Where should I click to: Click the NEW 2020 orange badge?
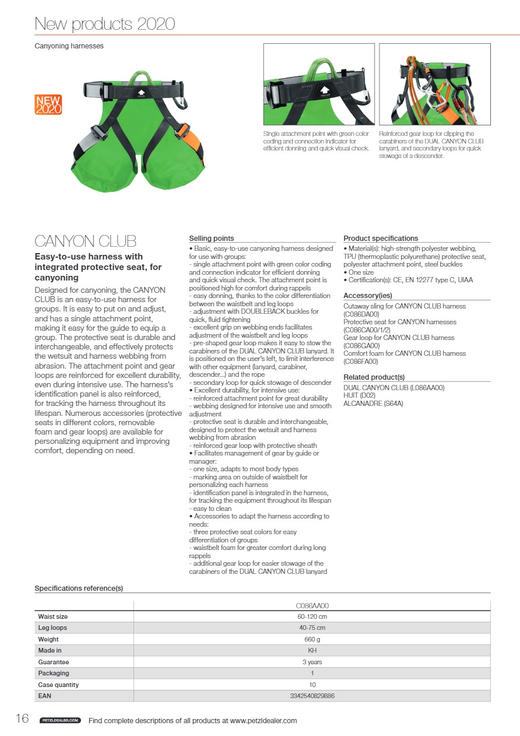(48, 104)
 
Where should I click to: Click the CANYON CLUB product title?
(86, 241)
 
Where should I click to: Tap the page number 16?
(22, 719)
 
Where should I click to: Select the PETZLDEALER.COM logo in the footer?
(60, 721)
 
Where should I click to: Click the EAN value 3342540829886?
(312, 696)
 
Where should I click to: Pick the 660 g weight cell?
(312, 640)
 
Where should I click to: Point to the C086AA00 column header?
(312, 606)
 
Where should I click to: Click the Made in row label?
(50, 651)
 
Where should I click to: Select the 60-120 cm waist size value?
(312, 616)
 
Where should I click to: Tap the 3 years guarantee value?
(312, 662)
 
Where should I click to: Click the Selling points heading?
(212, 239)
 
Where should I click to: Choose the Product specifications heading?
(381, 239)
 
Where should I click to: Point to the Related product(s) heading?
(374, 377)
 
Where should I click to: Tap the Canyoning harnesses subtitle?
(69, 45)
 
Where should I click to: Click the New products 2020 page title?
(105, 24)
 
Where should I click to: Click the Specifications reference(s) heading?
(79, 588)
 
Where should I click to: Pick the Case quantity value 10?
(312, 685)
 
